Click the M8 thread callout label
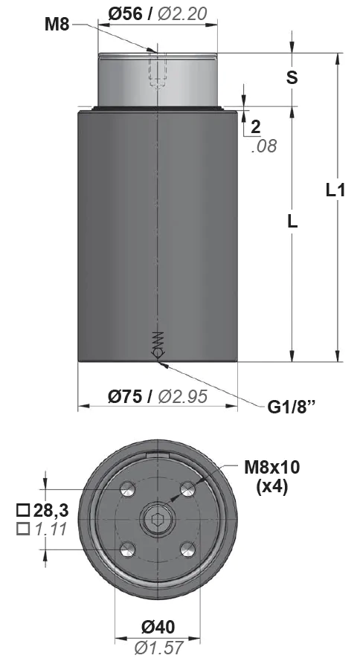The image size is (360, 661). pyautogui.click(x=57, y=25)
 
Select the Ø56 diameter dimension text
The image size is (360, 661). pyautogui.click(x=125, y=14)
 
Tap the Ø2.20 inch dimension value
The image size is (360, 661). pyautogui.click(x=182, y=14)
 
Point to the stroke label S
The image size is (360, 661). pyautogui.click(x=292, y=77)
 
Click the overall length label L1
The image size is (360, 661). pyautogui.click(x=335, y=190)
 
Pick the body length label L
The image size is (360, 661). pyautogui.click(x=292, y=221)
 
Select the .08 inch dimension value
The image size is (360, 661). pyautogui.click(x=263, y=146)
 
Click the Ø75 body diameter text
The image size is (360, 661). pyautogui.click(x=125, y=396)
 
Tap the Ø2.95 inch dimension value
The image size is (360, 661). pyautogui.click(x=182, y=396)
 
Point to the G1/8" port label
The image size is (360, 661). pyautogui.click(x=292, y=407)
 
